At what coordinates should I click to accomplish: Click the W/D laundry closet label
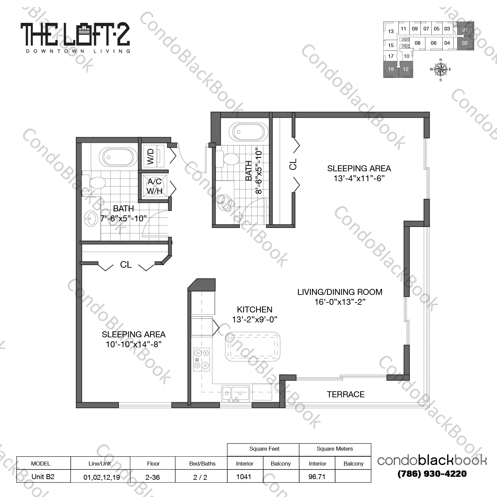click(x=151, y=156)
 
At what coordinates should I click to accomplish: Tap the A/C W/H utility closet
click(x=155, y=186)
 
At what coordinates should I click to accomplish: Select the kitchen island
click(x=252, y=347)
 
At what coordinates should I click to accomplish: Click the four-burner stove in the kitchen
click(x=202, y=359)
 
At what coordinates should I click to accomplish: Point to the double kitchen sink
click(x=236, y=394)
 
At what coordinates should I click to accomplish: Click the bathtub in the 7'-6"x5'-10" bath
click(x=118, y=157)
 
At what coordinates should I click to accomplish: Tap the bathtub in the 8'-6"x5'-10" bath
click(x=248, y=132)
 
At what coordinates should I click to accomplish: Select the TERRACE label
click(x=346, y=394)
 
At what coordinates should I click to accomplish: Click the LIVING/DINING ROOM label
click(x=340, y=292)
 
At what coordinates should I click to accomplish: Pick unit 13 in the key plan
click(x=391, y=31)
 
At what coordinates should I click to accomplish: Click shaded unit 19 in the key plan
click(x=391, y=69)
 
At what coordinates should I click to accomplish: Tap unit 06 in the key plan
click(x=433, y=43)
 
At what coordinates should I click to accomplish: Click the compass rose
click(x=440, y=69)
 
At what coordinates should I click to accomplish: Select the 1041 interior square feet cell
click(x=244, y=476)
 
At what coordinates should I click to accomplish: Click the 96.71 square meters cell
click(x=317, y=476)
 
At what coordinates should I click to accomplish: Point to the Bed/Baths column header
click(x=202, y=464)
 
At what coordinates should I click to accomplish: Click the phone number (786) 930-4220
click(x=432, y=474)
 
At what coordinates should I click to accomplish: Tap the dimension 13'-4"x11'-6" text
click(x=359, y=178)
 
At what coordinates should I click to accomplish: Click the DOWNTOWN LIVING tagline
click(x=78, y=51)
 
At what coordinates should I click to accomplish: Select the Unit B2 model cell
click(x=43, y=476)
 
